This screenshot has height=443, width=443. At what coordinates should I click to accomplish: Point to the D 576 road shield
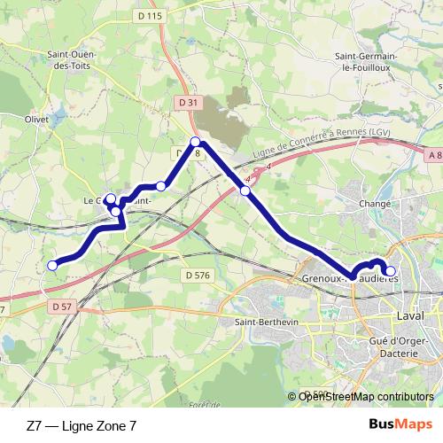(x=199, y=276)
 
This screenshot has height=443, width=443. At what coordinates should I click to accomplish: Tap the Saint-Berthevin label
(x=263, y=322)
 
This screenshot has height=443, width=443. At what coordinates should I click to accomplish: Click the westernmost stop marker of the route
(x=52, y=264)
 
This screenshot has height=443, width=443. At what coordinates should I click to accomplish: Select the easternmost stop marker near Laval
(x=390, y=270)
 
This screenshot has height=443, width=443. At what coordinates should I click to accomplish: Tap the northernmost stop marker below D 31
(x=196, y=141)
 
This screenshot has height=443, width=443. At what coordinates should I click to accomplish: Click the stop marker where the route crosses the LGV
(x=245, y=190)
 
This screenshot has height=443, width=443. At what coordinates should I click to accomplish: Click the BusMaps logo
(x=401, y=425)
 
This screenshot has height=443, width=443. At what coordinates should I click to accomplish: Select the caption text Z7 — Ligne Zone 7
(x=82, y=425)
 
